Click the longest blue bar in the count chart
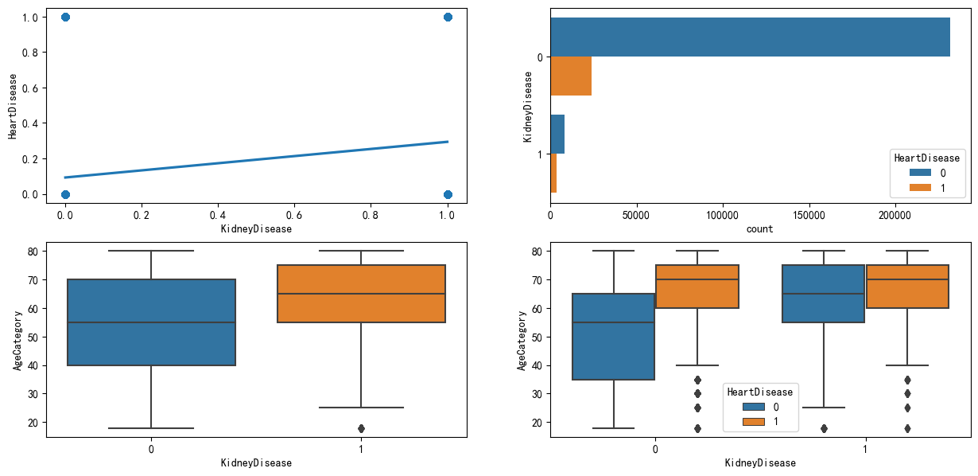(x=750, y=37)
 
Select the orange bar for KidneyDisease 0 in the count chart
(x=571, y=76)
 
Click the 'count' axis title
(x=760, y=228)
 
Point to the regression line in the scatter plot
(x=256, y=160)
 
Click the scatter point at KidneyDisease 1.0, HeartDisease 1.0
(x=448, y=17)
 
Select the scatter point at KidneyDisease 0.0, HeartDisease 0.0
(x=65, y=194)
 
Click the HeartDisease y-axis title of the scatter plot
(x=14, y=105)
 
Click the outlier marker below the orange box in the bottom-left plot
(x=361, y=428)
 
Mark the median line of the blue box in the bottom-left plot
(x=151, y=322)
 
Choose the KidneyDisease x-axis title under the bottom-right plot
(x=760, y=462)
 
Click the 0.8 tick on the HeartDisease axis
(x=29, y=53)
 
